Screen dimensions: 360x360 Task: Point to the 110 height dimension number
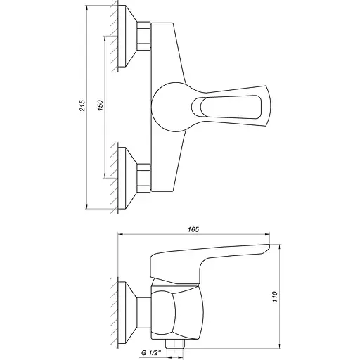(276, 297)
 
